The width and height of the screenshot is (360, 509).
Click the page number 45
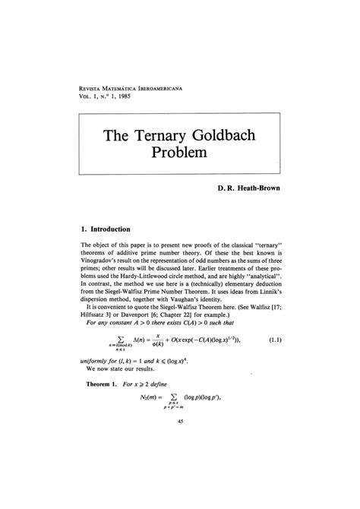(180, 477)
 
